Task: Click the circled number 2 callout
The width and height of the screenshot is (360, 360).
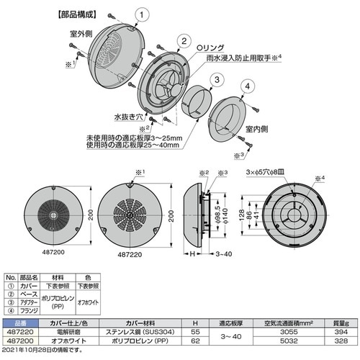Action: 184,41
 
